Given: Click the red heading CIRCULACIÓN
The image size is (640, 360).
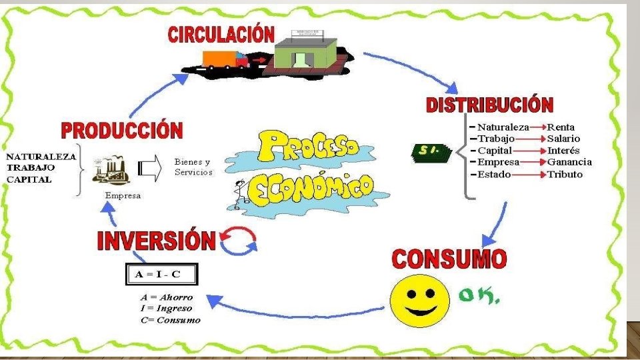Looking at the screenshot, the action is click(221, 34).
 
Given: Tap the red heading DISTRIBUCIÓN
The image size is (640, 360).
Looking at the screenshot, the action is click(489, 105).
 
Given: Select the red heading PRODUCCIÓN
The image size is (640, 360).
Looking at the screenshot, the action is click(122, 130).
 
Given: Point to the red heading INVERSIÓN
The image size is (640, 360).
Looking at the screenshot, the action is click(157, 241).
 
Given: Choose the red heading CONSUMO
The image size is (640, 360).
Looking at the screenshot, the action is click(449, 259).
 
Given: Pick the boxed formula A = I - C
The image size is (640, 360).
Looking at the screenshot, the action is click(162, 273).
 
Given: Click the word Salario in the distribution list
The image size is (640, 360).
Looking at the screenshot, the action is click(564, 139).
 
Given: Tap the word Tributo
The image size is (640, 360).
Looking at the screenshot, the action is click(565, 175).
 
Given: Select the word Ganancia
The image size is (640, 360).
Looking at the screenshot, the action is click(569, 163).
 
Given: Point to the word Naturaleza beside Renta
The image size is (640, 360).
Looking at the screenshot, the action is click(503, 127).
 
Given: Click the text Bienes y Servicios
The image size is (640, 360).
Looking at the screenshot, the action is click(193, 167).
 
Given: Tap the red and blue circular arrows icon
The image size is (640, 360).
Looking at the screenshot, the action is click(238, 243).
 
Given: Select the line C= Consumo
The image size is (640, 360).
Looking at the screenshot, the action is click(170, 320).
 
